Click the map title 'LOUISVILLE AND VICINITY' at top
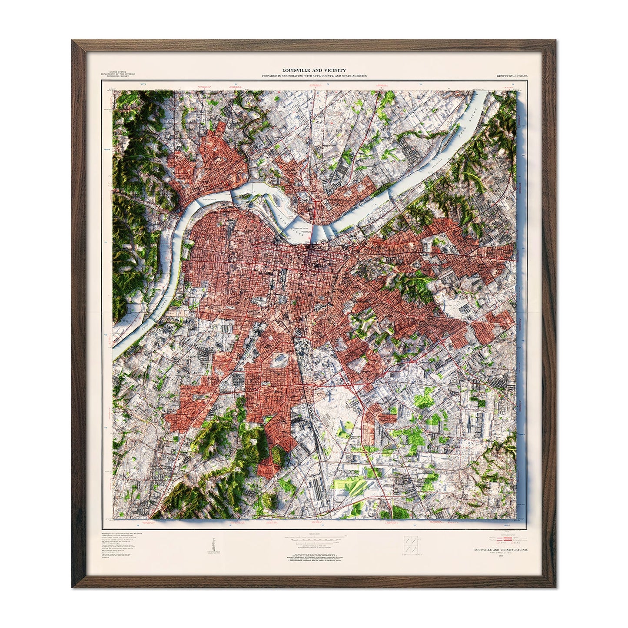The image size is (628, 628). pyautogui.click(x=314, y=70)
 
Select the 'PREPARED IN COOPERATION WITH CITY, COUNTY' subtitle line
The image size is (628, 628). pyautogui.click(x=314, y=76)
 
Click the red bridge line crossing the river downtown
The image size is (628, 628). pyautogui.click(x=314, y=222)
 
